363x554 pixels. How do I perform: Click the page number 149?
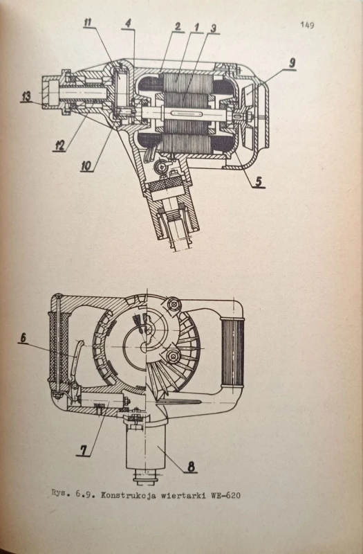point(307,25)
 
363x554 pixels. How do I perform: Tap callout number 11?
point(88,22)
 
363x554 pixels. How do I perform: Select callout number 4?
point(128,24)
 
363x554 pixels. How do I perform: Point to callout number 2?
point(178,26)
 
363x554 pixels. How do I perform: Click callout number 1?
point(196,27)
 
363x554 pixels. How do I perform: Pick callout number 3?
point(213,28)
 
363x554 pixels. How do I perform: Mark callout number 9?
point(292,64)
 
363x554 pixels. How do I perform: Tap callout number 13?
point(26,96)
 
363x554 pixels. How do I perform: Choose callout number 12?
point(60,145)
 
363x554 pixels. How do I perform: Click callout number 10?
point(86,166)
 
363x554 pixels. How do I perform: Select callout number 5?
point(259,181)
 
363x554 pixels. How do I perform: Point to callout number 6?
point(23,337)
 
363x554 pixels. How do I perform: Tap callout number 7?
point(84,449)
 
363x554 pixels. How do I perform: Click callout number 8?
point(191,467)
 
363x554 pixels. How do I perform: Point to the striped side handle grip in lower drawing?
point(232,352)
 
